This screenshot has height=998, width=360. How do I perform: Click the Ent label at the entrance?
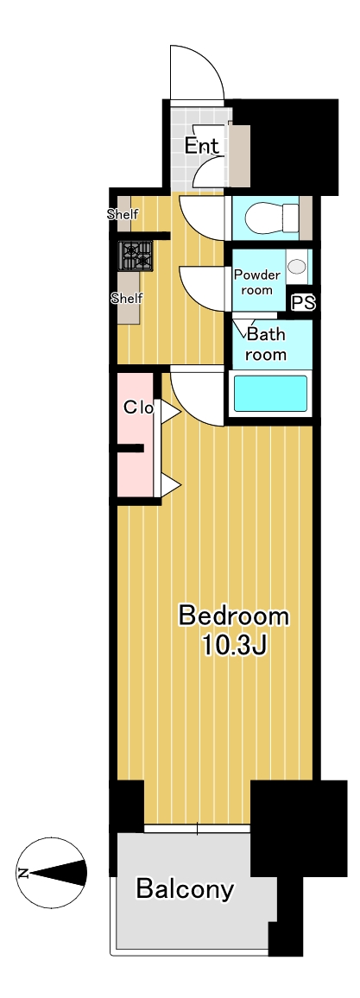tap(202, 146)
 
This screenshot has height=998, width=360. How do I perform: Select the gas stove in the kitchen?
tap(136, 256)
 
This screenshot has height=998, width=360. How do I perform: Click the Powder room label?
tap(257, 282)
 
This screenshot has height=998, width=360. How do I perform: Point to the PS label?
tap(303, 303)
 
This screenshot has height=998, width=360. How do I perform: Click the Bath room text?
tap(266, 344)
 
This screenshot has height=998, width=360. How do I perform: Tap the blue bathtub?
tap(270, 394)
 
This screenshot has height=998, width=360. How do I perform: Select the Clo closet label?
tap(138, 408)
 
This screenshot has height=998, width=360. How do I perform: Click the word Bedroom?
tap(233, 616)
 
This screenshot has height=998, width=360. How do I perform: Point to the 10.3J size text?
tap(233, 646)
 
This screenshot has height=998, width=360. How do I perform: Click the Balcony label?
tap(185, 887)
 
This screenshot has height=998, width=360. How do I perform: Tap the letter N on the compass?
tap(23, 873)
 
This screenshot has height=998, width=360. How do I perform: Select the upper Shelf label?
tap(123, 214)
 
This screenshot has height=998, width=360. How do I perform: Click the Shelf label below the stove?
tap(127, 297)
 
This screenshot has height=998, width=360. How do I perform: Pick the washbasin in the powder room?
tap(295, 266)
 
